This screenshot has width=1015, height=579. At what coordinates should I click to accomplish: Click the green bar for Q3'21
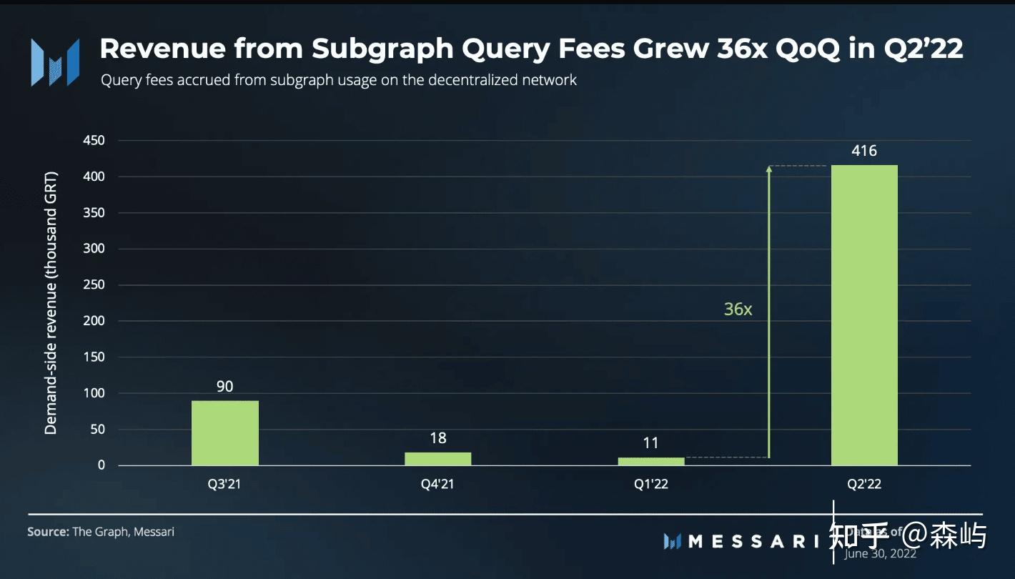(224, 432)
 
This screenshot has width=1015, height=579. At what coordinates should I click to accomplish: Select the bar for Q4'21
(437, 458)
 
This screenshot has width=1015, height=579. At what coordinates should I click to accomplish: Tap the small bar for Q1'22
(650, 461)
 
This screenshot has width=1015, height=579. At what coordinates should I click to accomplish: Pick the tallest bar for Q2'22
(864, 315)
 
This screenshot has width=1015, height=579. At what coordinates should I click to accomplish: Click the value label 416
(863, 151)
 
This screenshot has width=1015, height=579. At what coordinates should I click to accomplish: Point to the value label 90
(224, 387)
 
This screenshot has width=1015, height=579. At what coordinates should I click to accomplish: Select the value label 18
(437, 437)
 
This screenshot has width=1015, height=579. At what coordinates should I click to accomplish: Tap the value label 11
(650, 443)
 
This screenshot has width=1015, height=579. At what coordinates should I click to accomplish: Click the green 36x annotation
(738, 309)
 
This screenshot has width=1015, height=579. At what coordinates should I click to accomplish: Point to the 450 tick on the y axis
(94, 141)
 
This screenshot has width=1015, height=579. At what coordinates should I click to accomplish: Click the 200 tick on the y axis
(94, 321)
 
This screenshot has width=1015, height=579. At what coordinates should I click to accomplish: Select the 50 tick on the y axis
(96, 429)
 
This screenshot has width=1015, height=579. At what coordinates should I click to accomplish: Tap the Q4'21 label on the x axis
(437, 484)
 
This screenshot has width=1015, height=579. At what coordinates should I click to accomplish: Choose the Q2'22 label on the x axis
(864, 484)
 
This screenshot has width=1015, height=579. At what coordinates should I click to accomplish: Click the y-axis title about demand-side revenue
(51, 303)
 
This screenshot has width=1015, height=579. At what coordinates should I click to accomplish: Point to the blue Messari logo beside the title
(54, 62)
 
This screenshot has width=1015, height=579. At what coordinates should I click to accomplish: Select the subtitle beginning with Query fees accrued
(338, 79)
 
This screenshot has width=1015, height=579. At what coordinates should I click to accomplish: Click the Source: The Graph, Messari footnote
(101, 532)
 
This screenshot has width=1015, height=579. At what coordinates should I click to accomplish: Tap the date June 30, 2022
(880, 553)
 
